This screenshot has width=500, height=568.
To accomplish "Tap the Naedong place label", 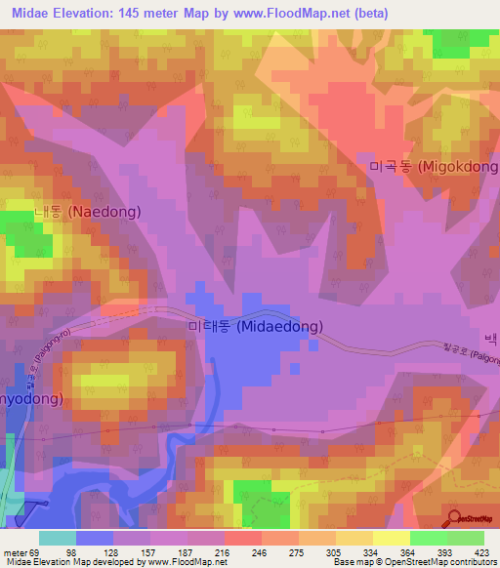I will (x=87, y=211).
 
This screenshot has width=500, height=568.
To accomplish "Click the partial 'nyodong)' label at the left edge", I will (x=31, y=398).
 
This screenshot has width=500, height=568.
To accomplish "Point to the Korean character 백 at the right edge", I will (x=490, y=340).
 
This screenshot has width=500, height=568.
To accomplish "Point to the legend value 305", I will (x=335, y=551).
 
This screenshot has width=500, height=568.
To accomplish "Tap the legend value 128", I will (x=113, y=551).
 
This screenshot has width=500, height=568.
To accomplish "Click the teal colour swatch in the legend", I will (x=58, y=538).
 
